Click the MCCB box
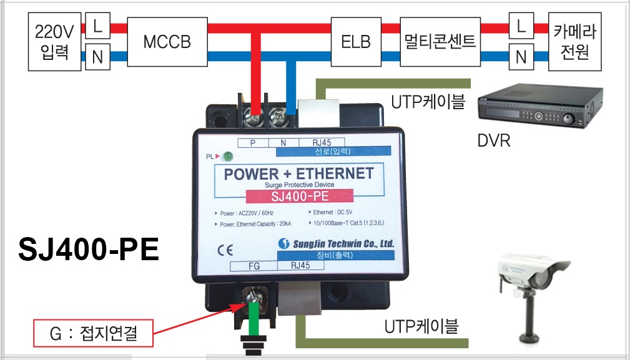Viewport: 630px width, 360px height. click(x=166, y=42)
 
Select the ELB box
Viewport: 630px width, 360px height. click(x=355, y=42)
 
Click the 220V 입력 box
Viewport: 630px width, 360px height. click(x=54, y=42)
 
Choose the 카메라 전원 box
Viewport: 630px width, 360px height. click(x=575, y=42)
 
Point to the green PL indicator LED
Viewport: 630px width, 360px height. click(x=228, y=157)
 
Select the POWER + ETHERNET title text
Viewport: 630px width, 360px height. click(x=298, y=173)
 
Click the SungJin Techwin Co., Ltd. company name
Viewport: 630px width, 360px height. click(x=337, y=244)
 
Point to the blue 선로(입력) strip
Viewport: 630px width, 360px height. click(x=334, y=150)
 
